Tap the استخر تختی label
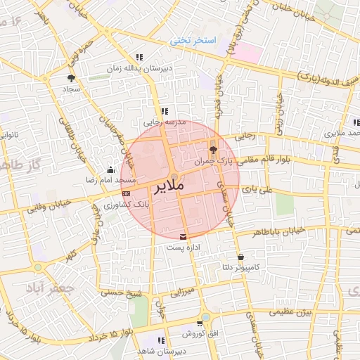pos(191,42)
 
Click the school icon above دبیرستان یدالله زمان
pos(139,56)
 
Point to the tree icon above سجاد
pos(71,78)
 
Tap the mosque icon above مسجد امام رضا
pos(110,169)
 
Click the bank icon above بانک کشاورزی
pos(126,193)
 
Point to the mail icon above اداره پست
pos(184,237)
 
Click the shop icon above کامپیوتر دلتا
pos(242,257)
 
